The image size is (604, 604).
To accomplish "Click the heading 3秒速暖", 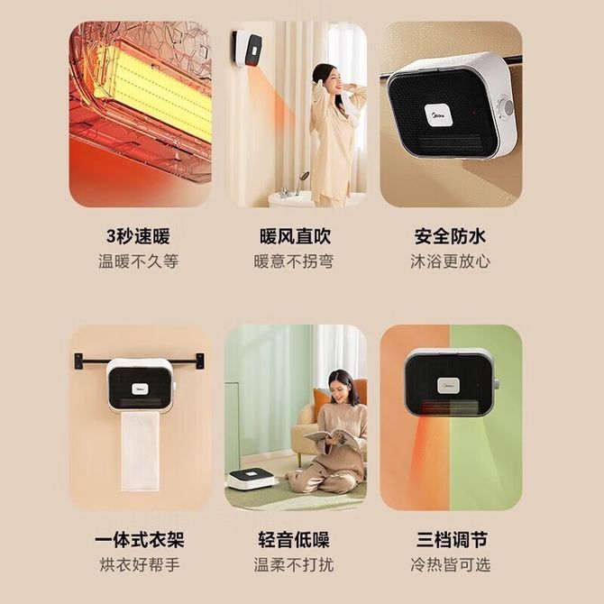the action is click(138, 236).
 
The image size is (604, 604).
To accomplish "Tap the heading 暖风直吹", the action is click(296, 236).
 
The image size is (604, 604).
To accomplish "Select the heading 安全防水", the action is click(450, 236).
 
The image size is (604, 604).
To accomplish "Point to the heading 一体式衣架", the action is click(140, 539).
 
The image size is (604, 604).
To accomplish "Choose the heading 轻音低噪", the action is click(294, 539).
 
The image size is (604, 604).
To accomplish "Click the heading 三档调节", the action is click(452, 539).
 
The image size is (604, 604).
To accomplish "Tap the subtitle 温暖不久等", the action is click(138, 261).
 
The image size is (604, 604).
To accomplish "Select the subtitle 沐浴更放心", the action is click(450, 261).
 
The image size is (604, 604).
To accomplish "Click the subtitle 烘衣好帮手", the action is click(140, 564).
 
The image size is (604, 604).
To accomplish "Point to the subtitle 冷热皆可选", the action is click(451, 564).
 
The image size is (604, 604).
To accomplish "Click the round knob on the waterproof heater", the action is click(505, 107).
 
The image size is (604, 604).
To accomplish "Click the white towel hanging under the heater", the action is click(141, 452).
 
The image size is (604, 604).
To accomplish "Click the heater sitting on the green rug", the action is click(252, 478).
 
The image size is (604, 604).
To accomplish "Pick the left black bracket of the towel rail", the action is click(78, 361).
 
